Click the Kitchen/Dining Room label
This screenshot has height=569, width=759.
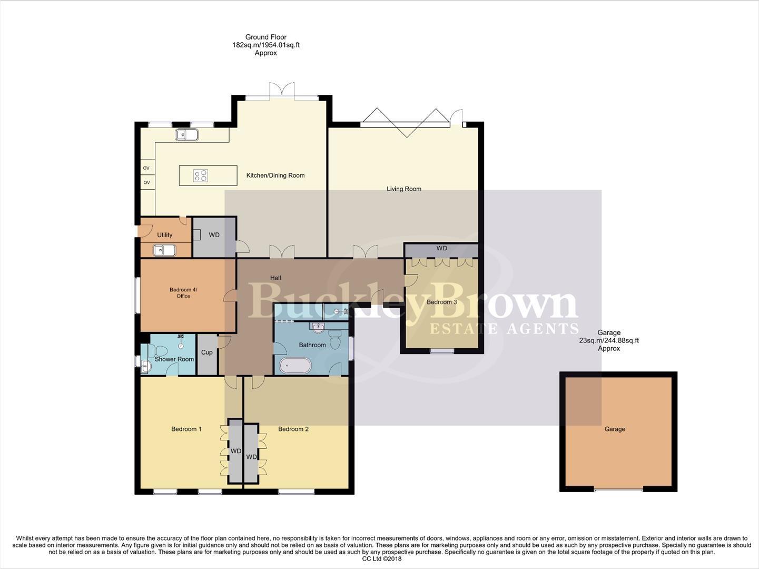[x=275, y=175]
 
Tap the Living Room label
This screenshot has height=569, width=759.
[x=404, y=189]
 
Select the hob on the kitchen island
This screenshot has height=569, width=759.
[x=200, y=175]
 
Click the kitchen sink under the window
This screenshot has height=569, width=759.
[x=186, y=135]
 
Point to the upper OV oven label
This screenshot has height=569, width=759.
[x=146, y=168]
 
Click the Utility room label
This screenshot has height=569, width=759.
[x=164, y=235]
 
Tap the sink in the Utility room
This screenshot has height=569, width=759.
[x=164, y=250]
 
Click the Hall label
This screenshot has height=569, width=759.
[x=275, y=278]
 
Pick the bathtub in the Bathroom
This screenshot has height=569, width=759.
[x=295, y=365]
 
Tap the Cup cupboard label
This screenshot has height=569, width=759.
[x=207, y=352]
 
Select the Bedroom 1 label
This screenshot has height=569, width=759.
[x=186, y=429]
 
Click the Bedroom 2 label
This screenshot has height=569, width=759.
[x=293, y=429]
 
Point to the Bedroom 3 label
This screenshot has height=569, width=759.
[x=442, y=302]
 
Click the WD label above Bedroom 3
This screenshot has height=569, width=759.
[x=441, y=248]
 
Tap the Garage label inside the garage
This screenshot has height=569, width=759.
[x=615, y=429]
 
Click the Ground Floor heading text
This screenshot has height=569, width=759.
[x=265, y=37]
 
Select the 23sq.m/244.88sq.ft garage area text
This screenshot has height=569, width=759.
[x=609, y=340]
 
